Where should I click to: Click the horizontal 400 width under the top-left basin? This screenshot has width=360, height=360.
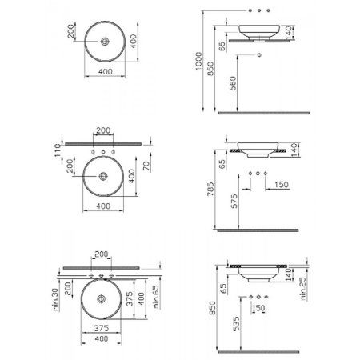(103, 72)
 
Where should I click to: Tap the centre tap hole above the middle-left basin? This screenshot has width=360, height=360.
(103, 150)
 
